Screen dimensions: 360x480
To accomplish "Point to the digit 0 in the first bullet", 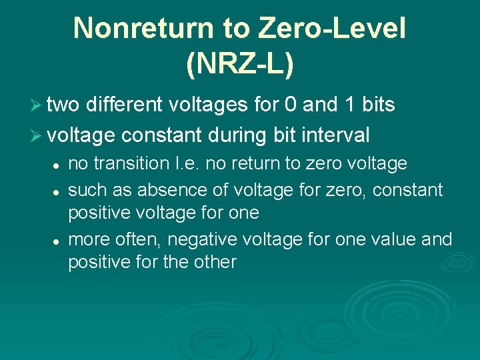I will point(291,105).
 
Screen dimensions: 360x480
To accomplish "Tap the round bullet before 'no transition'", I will point(58,164).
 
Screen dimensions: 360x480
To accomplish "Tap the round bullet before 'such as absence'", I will point(58,191).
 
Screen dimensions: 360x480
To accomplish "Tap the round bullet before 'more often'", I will point(58,239).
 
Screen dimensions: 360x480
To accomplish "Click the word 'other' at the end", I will point(215,262).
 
